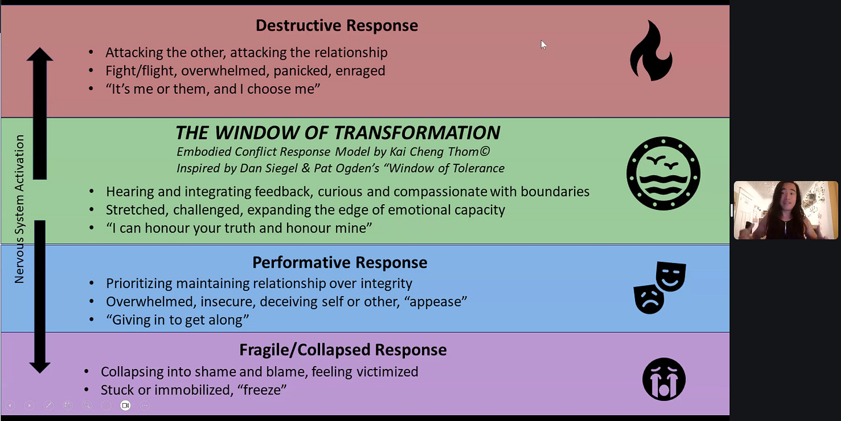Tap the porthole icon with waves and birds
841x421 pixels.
click(663, 173)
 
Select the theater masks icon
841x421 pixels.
click(660, 287)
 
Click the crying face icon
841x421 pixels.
click(664, 379)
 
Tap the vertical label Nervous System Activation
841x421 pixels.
click(20, 209)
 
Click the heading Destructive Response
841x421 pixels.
click(337, 25)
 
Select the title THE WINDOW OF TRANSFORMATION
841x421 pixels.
click(337, 132)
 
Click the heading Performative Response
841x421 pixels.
click(340, 263)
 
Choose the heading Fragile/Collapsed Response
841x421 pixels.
click(343, 350)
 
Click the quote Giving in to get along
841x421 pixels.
click(177, 320)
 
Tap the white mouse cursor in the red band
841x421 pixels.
click(543, 45)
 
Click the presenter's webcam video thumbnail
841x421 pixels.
click(785, 210)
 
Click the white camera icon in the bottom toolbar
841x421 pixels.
click(125, 405)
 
